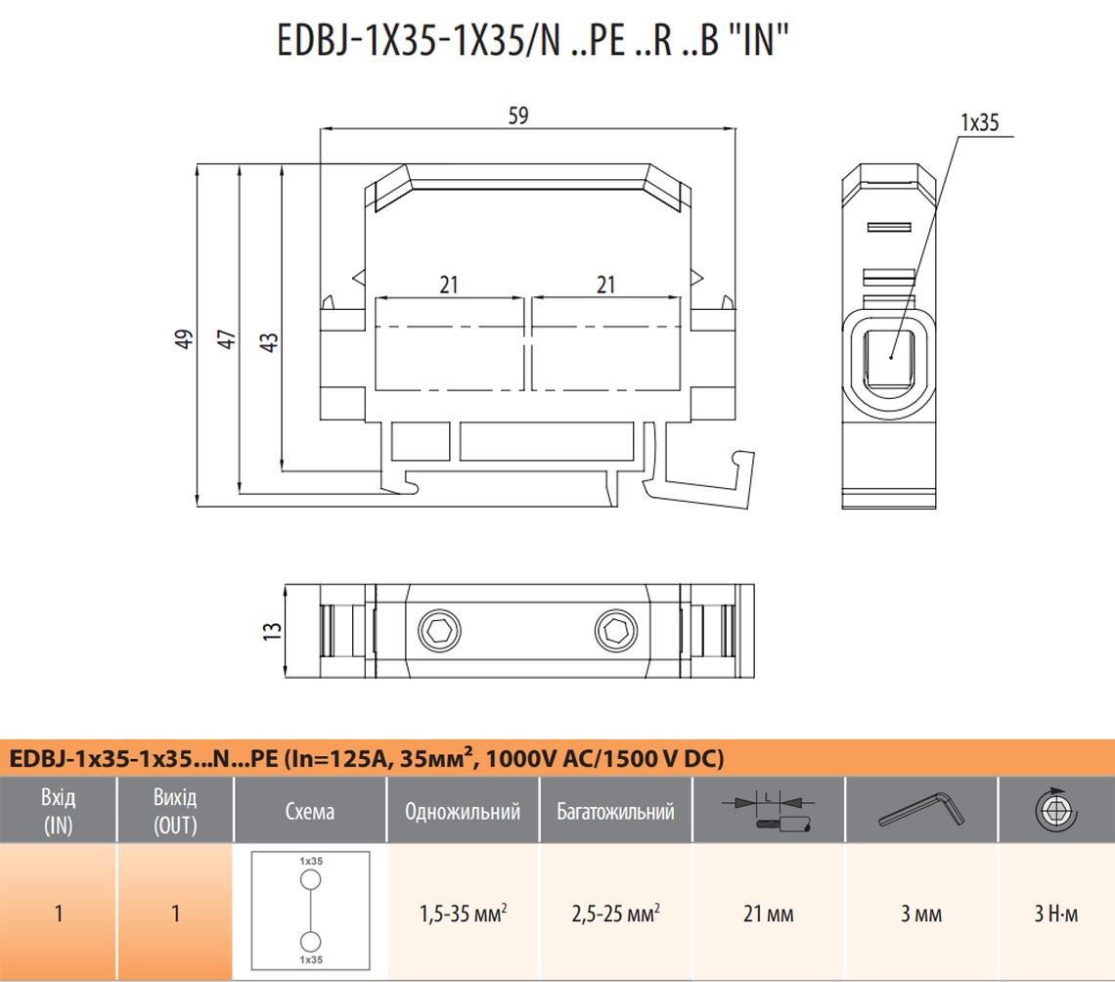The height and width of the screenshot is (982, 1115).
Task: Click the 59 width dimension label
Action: [x=518, y=115]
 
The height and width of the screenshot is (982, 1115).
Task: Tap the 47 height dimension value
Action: [x=227, y=339]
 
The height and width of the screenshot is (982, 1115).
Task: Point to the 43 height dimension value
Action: [x=269, y=341]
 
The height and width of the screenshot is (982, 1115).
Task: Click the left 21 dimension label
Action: [x=449, y=285]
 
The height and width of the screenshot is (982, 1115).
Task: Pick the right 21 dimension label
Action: [x=606, y=285]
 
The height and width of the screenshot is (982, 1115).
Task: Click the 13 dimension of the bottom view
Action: [x=271, y=630]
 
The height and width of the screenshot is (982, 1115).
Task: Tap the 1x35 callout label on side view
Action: [x=979, y=122]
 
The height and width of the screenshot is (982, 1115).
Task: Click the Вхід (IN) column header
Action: [x=58, y=811]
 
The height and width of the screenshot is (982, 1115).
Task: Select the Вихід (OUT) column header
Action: [x=175, y=811]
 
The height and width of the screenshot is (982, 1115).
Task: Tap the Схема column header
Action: [x=310, y=811]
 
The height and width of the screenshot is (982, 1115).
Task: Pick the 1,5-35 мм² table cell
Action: [x=463, y=914]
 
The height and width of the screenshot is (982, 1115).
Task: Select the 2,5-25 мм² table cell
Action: [x=615, y=914]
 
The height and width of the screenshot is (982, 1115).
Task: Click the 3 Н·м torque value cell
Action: [x=1055, y=914]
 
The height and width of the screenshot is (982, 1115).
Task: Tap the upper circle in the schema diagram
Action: [x=310, y=880]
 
